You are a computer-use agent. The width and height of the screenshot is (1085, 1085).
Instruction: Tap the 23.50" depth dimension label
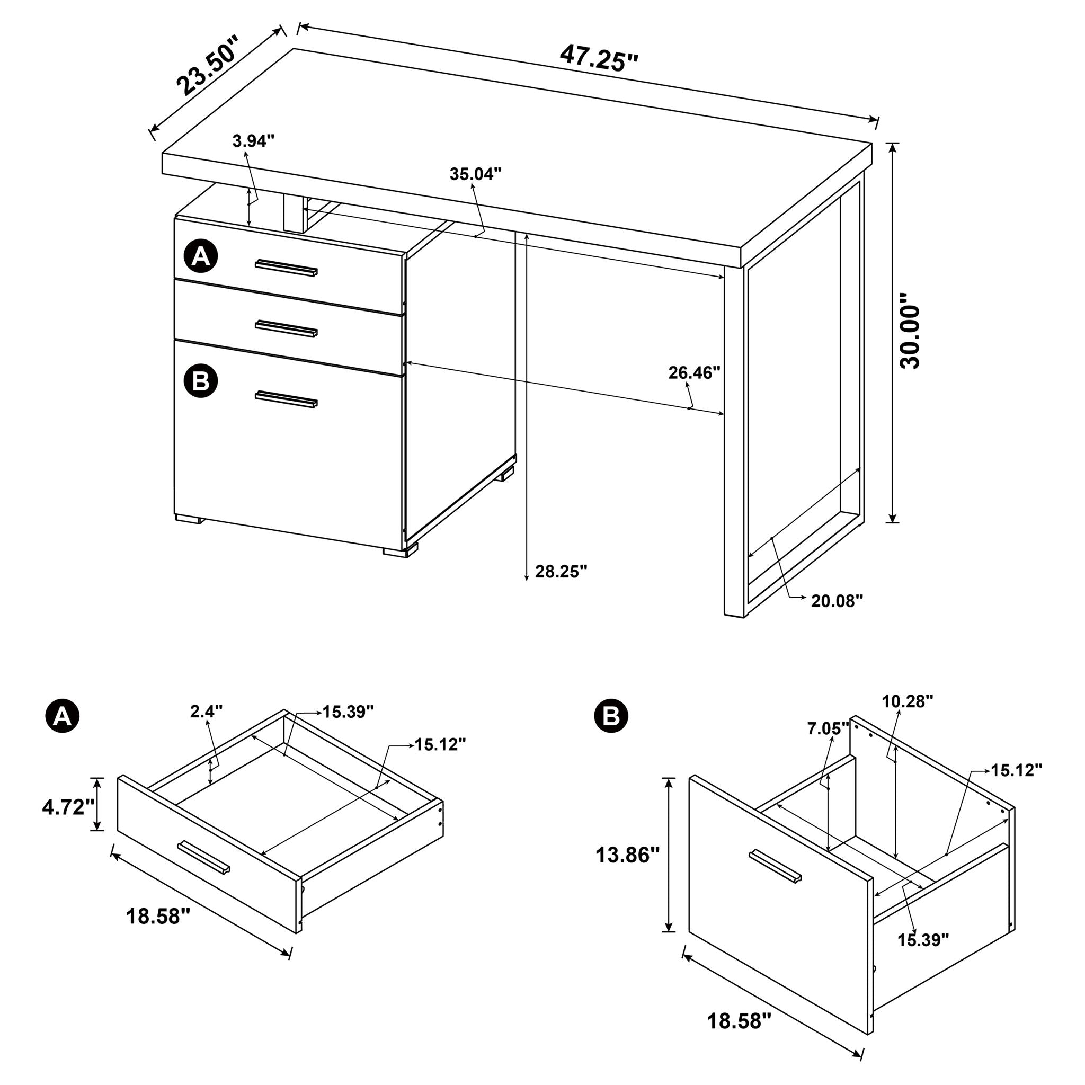[x=207, y=65]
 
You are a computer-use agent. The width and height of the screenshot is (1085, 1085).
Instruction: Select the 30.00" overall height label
[x=909, y=336]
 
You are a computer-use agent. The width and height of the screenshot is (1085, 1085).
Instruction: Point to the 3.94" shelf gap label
[x=253, y=141]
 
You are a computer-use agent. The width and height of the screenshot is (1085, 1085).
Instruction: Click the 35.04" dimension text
[x=475, y=174]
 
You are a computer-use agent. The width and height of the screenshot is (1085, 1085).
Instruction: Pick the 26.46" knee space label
[x=694, y=372]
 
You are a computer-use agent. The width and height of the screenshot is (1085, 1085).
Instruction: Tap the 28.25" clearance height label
[x=561, y=572]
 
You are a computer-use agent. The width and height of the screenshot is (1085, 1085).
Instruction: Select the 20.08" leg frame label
[x=837, y=601]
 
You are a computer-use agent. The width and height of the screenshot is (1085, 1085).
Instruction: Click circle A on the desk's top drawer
[x=200, y=256]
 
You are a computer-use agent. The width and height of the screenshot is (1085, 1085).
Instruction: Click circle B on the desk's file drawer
[x=200, y=381]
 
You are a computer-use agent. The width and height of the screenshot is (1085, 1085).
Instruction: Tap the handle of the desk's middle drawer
[x=287, y=329]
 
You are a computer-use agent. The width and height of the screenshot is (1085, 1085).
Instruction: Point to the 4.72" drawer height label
[x=68, y=807]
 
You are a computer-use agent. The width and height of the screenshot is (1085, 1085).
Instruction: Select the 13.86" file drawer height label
[x=627, y=855]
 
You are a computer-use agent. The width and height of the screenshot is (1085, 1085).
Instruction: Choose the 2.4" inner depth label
[x=206, y=712]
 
